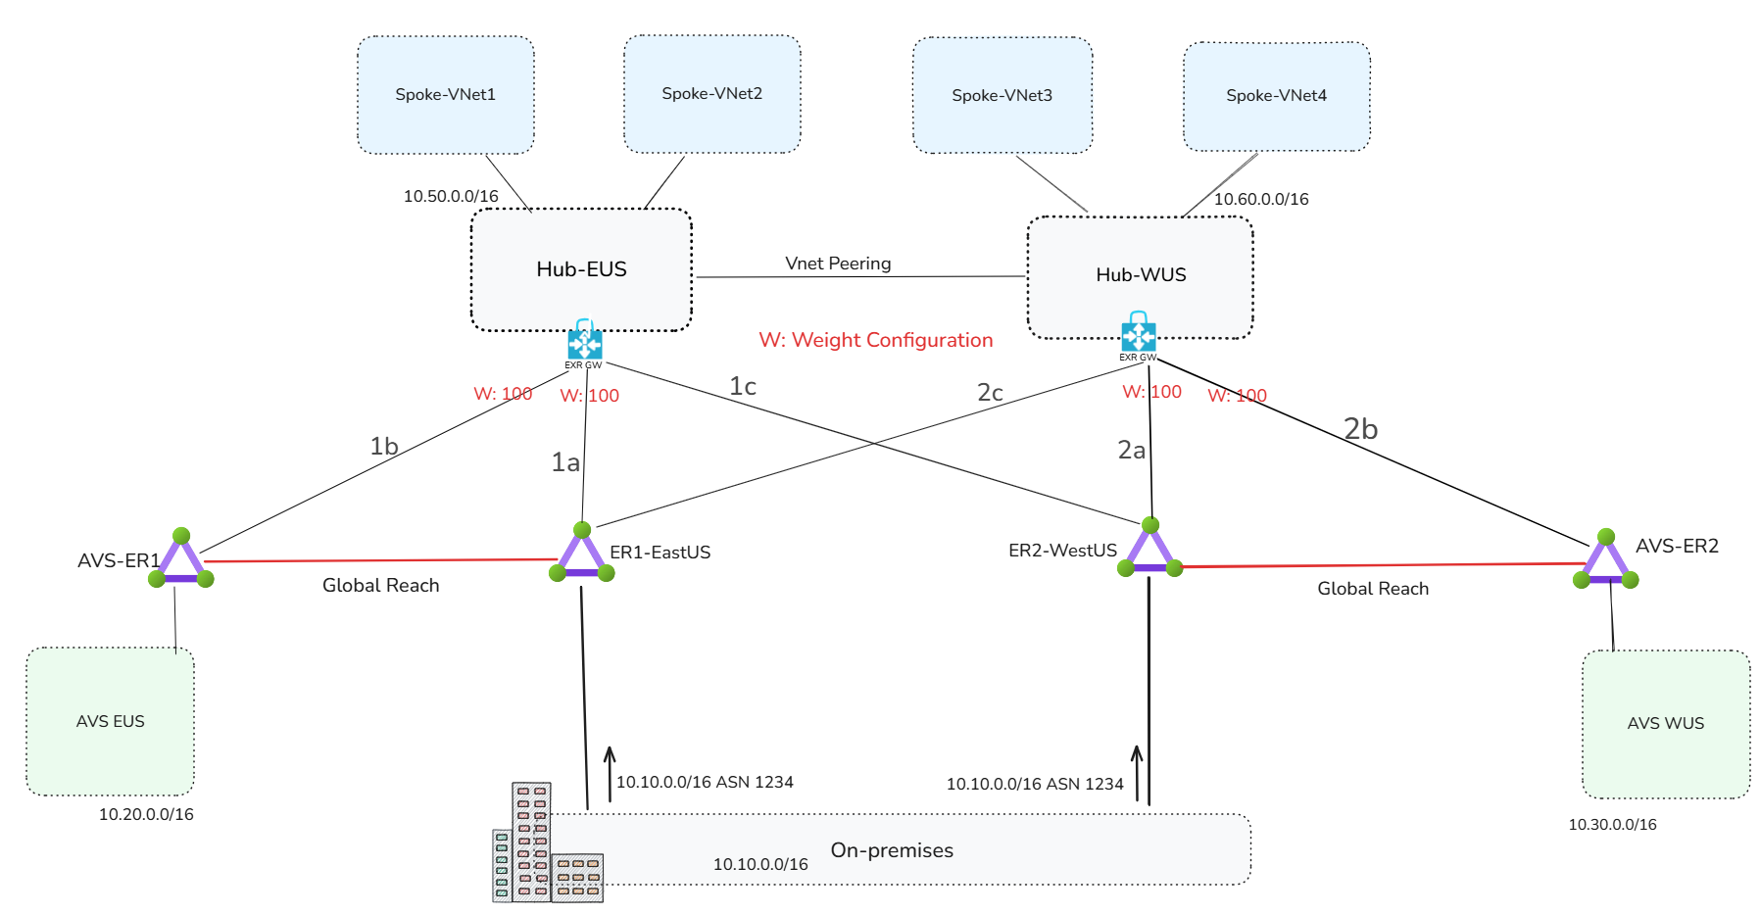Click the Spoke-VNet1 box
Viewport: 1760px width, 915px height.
pyautogui.click(x=445, y=95)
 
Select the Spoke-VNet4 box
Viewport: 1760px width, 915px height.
pyautogui.click(x=1276, y=96)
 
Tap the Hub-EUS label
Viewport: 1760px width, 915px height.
pyautogui.click(x=581, y=269)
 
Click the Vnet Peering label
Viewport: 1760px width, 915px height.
pyautogui.click(x=838, y=264)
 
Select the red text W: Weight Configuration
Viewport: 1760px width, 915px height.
pyautogui.click(x=875, y=340)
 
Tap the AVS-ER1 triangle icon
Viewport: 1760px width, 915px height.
pyautogui.click(x=181, y=561)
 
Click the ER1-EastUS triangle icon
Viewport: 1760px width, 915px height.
pyautogui.click(x=582, y=554)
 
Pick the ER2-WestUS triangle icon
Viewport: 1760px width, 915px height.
pyautogui.click(x=1150, y=551)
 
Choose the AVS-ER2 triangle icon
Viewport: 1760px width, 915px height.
pyautogui.click(x=1605, y=562)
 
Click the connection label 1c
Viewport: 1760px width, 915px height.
pyautogui.click(x=743, y=387)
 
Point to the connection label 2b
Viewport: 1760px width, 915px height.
pyautogui.click(x=1360, y=429)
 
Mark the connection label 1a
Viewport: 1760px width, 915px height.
pyautogui.click(x=565, y=462)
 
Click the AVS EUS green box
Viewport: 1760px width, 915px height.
pyautogui.click(x=110, y=721)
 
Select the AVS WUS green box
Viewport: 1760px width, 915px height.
pyautogui.click(x=1665, y=723)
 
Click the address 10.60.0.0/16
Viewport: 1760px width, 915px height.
pyautogui.click(x=1261, y=200)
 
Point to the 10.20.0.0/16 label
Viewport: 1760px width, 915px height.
pyautogui.click(x=146, y=814)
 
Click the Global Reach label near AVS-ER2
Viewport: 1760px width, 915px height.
pyautogui.click(x=1372, y=589)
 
